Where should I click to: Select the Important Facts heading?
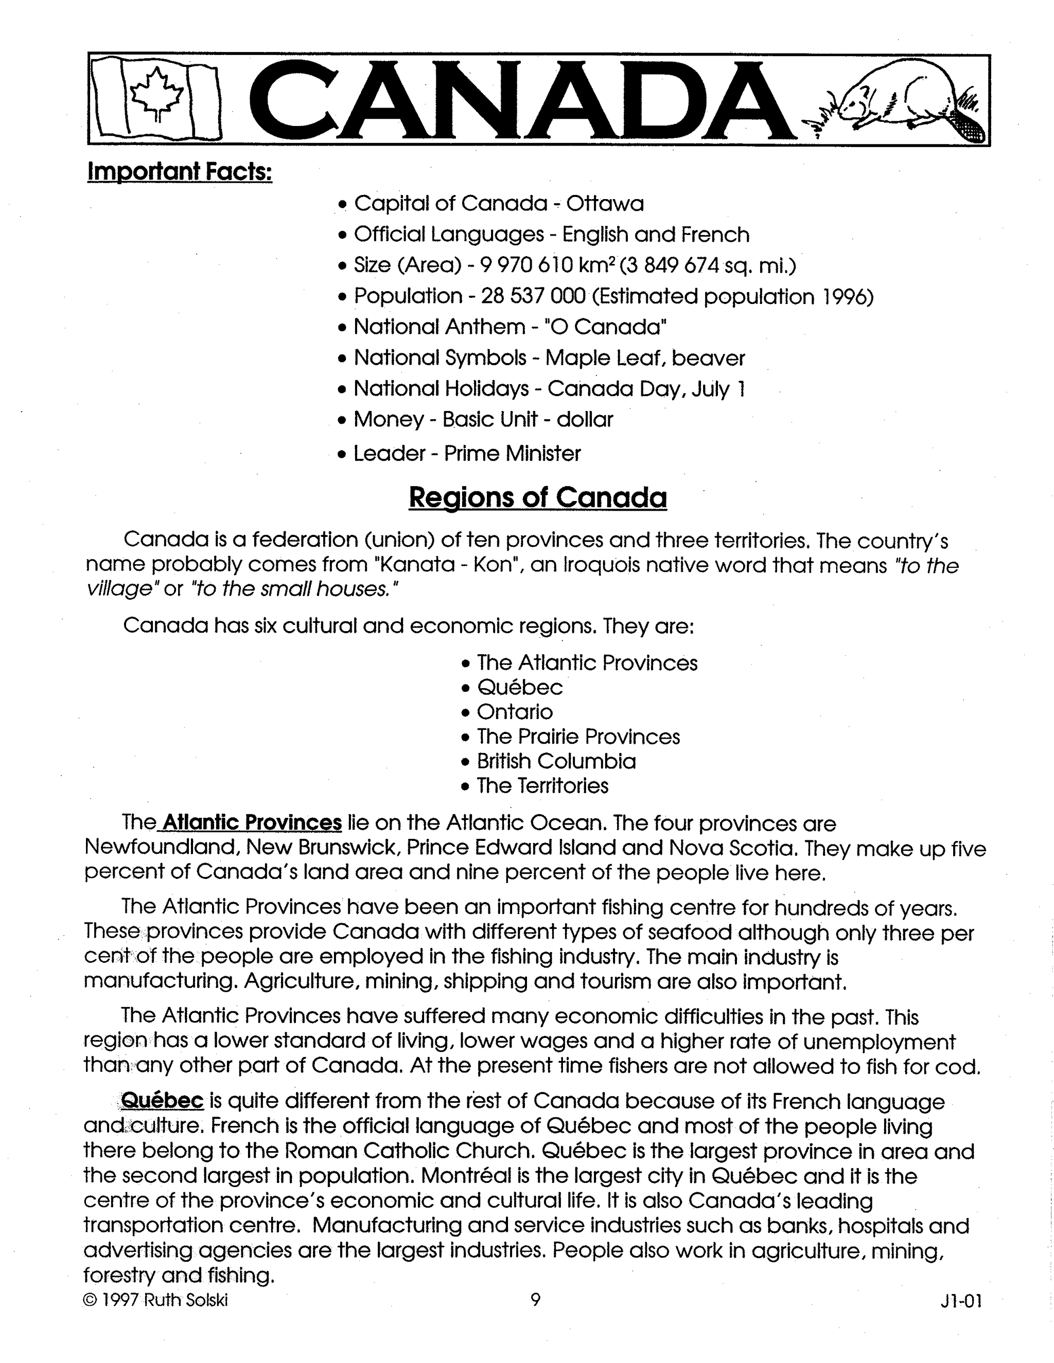pos(180,171)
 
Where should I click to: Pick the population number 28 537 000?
pos(533,296)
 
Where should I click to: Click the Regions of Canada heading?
pos(538,497)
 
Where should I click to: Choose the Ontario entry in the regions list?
pos(515,711)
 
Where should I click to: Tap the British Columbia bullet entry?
pos(556,761)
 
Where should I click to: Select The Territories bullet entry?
pos(542,785)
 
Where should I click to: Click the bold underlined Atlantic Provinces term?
pos(252,822)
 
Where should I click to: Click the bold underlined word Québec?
pos(162,1100)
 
